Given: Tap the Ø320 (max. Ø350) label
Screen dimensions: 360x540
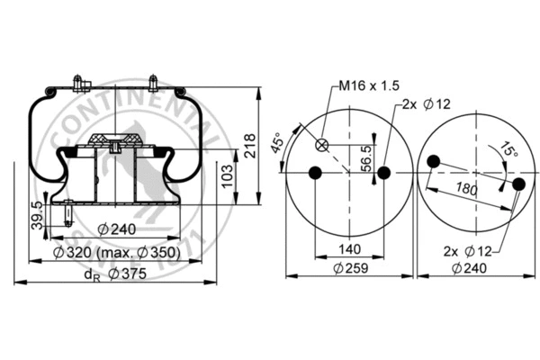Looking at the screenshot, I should [117, 254].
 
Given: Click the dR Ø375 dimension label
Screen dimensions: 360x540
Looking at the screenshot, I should [112, 275].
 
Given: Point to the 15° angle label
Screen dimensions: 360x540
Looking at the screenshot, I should [509, 151].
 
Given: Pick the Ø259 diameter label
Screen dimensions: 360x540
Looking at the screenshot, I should [348, 268].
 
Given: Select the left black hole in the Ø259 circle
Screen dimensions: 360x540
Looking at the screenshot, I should [314, 173].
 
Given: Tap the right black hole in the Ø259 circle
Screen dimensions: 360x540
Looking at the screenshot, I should [383, 173].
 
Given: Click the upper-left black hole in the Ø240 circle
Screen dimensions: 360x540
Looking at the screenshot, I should [434, 162].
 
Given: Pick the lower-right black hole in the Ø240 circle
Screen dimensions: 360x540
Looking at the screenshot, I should [518, 184].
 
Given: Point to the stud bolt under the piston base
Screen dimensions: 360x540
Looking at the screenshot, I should [69, 212].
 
